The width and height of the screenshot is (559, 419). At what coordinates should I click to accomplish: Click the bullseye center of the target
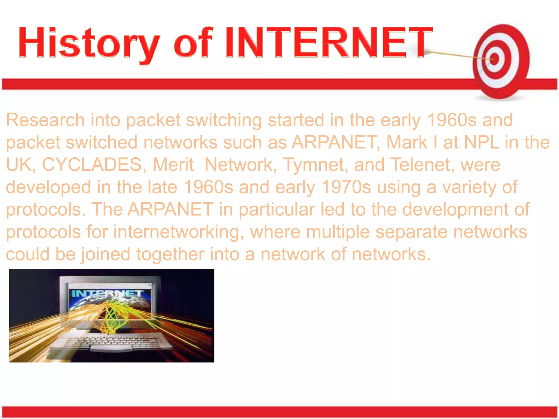[x=495, y=59]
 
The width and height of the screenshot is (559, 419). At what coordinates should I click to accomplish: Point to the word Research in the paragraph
[x=45, y=120]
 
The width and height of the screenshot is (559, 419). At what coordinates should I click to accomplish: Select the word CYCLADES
[x=92, y=165]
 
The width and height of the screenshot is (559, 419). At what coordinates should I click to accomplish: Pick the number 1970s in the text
[x=346, y=187]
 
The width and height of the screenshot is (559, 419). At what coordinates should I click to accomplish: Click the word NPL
[x=482, y=142]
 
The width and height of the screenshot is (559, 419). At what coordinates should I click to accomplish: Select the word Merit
[x=173, y=165]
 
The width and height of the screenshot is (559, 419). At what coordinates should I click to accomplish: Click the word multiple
[x=338, y=232]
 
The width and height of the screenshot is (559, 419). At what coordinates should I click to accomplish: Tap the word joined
[x=106, y=254]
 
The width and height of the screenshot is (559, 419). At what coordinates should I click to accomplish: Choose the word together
[x=170, y=254]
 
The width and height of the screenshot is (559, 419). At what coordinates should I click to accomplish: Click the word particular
[x=277, y=209]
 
